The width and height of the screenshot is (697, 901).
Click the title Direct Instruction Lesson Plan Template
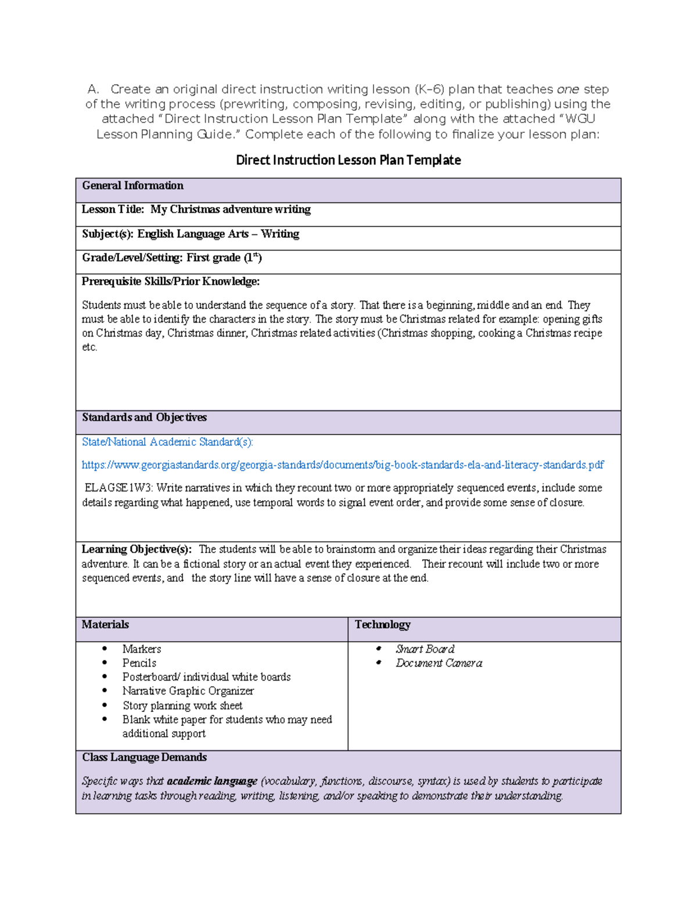pyautogui.click(x=348, y=160)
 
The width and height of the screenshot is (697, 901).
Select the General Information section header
pyautogui.click(x=132, y=186)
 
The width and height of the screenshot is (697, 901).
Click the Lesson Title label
pyautogui.click(x=113, y=209)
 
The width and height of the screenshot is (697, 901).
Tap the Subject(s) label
pyautogui.click(x=107, y=234)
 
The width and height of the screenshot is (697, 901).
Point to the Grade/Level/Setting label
pyautogui.click(x=132, y=258)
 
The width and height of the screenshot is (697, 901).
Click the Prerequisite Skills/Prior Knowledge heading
pyautogui.click(x=170, y=281)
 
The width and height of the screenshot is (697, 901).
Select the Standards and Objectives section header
pyautogui.click(x=144, y=418)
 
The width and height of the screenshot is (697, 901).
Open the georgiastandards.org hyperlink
pyautogui.click(x=343, y=465)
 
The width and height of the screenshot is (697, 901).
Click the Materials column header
pyautogui.click(x=105, y=625)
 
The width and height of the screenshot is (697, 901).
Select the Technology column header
pyautogui.click(x=382, y=625)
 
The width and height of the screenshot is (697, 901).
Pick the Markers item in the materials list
pyautogui.click(x=142, y=649)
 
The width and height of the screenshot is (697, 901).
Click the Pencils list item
pyautogui.click(x=139, y=663)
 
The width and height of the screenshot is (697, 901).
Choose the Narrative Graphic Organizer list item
pyautogui.click(x=188, y=691)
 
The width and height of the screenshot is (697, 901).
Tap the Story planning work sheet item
pyautogui.click(x=182, y=705)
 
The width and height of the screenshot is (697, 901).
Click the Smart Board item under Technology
pyautogui.click(x=425, y=649)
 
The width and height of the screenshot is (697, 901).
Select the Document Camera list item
pyautogui.click(x=439, y=663)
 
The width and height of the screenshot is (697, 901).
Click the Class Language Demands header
pyautogui.click(x=144, y=758)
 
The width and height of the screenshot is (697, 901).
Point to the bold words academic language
pyautogui.click(x=212, y=781)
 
